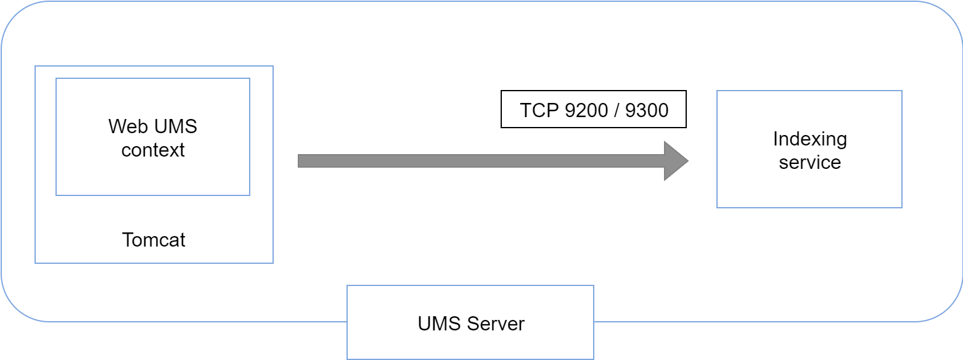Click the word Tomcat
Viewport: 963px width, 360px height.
[x=154, y=240]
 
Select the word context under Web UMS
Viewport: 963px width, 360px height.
[x=153, y=150]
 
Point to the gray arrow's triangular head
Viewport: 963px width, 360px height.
[x=675, y=161]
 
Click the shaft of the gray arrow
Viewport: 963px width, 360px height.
[x=481, y=161]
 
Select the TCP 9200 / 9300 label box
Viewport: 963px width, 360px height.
[x=593, y=109]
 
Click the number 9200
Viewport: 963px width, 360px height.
[x=586, y=110]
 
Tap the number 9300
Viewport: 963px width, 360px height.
[x=647, y=110]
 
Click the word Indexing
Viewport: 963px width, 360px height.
[x=809, y=139]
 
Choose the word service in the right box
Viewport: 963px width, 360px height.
[x=809, y=163]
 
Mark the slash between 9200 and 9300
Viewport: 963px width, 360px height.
[x=616, y=110]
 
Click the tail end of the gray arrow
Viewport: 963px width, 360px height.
[x=302, y=161]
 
